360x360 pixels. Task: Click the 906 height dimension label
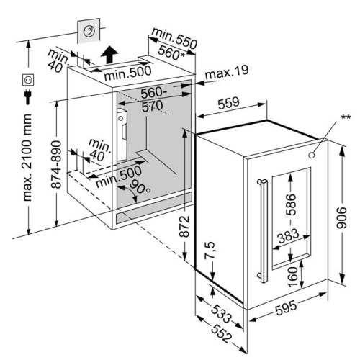pyautogui.click(x=341, y=217)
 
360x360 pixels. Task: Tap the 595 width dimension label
pyautogui.click(x=286, y=308)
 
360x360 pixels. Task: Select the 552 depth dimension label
pyautogui.click(x=222, y=334)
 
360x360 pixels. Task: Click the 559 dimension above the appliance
pyautogui.click(x=228, y=102)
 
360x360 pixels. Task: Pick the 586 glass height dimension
pyautogui.click(x=290, y=204)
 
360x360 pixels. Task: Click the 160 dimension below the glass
pyautogui.click(x=292, y=276)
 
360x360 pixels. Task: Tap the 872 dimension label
pyautogui.click(x=184, y=227)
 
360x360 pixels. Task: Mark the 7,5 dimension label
pyautogui.click(x=210, y=250)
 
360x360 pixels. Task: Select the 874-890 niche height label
pyautogui.click(x=56, y=164)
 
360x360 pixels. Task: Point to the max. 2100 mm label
pyautogui.click(x=27, y=158)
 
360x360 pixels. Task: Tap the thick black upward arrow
pyautogui.click(x=109, y=54)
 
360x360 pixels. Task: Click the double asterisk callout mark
pyautogui.click(x=346, y=117)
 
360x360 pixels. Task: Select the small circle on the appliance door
pyautogui.click(x=312, y=156)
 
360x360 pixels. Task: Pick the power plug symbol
pyautogui.click(x=28, y=96)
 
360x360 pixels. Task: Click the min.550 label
pyautogui.click(x=174, y=39)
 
